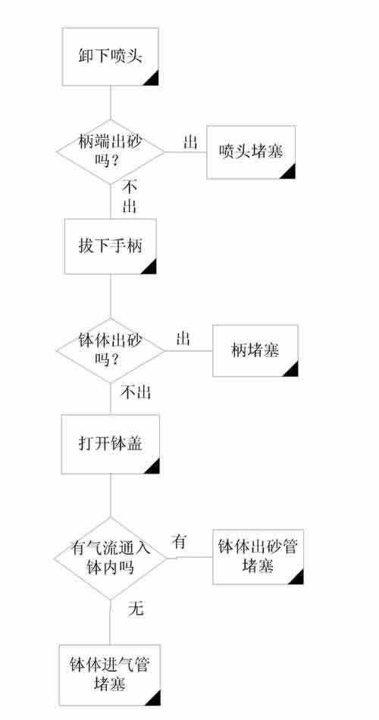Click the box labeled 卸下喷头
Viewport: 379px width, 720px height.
coord(110,57)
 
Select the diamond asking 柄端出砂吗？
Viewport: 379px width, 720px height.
coord(110,152)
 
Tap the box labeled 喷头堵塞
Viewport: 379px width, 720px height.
coord(251,152)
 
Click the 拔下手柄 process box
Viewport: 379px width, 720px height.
coord(110,246)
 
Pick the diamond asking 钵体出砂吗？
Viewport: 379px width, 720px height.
coord(110,350)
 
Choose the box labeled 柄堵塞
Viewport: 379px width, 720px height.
coord(255,351)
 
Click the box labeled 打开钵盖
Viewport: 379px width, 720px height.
coord(110,444)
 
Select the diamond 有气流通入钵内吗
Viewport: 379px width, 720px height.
coord(110,559)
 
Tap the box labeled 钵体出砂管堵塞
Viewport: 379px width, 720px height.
coord(257,557)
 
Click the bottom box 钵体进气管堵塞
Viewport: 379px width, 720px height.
coord(110,675)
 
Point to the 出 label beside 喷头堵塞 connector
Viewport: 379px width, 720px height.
coord(190,142)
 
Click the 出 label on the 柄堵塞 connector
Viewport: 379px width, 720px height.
coord(183,340)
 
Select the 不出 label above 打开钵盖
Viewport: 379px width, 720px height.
coord(136,393)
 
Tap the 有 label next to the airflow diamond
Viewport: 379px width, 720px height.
coord(179,541)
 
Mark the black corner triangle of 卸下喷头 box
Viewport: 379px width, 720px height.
coord(153,80)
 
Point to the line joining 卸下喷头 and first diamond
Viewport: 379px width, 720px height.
coord(110,103)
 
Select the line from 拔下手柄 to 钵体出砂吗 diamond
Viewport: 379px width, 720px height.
coord(110,296)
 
